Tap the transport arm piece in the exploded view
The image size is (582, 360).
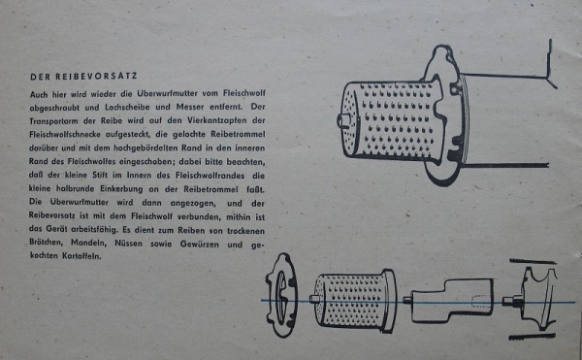pyautogui.click(x=451, y=299)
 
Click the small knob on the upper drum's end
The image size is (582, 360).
pyautogui.click(x=343, y=122)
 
